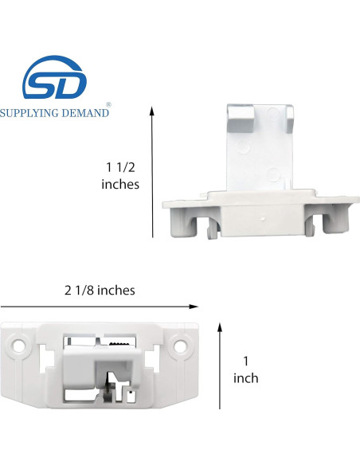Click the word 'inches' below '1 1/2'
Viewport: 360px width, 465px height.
[x=120, y=184]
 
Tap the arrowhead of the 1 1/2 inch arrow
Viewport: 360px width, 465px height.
[x=152, y=111]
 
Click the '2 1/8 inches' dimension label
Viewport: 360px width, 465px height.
[x=100, y=290]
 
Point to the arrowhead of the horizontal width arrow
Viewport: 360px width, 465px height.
[x=195, y=306]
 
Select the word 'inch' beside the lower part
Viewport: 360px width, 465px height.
[x=245, y=378]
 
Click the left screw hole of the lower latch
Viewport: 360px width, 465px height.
[x=18, y=347]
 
